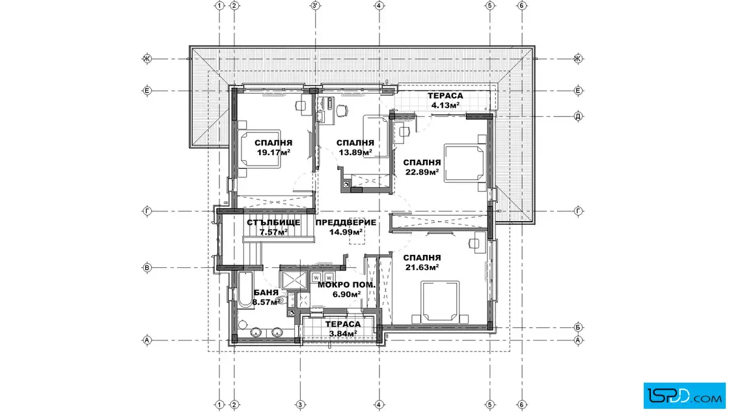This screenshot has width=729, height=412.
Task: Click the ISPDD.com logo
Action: point(684,396)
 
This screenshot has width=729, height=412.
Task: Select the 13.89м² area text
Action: point(355,153)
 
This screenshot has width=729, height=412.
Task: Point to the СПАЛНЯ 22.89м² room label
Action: point(422,167)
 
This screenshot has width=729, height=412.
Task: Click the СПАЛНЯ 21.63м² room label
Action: point(422,262)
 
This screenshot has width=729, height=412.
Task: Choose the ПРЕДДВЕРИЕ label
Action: point(346,222)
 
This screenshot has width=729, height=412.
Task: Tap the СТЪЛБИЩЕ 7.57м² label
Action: point(273,227)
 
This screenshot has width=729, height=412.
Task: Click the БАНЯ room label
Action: point(266,293)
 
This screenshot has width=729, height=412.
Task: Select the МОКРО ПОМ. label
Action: point(346,285)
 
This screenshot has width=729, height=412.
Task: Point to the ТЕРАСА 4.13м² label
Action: point(445,100)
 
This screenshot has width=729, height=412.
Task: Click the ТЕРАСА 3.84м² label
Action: point(343,329)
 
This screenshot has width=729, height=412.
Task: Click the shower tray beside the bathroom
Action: point(294,280)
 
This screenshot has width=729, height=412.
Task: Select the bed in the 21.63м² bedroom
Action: point(440,302)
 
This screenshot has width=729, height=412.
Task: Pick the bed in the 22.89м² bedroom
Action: point(465,163)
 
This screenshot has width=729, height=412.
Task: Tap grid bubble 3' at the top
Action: point(315,6)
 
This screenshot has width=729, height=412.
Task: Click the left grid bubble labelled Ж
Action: point(147,59)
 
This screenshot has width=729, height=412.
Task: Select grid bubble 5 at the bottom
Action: point(489,405)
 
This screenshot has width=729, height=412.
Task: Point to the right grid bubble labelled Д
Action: point(579,117)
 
